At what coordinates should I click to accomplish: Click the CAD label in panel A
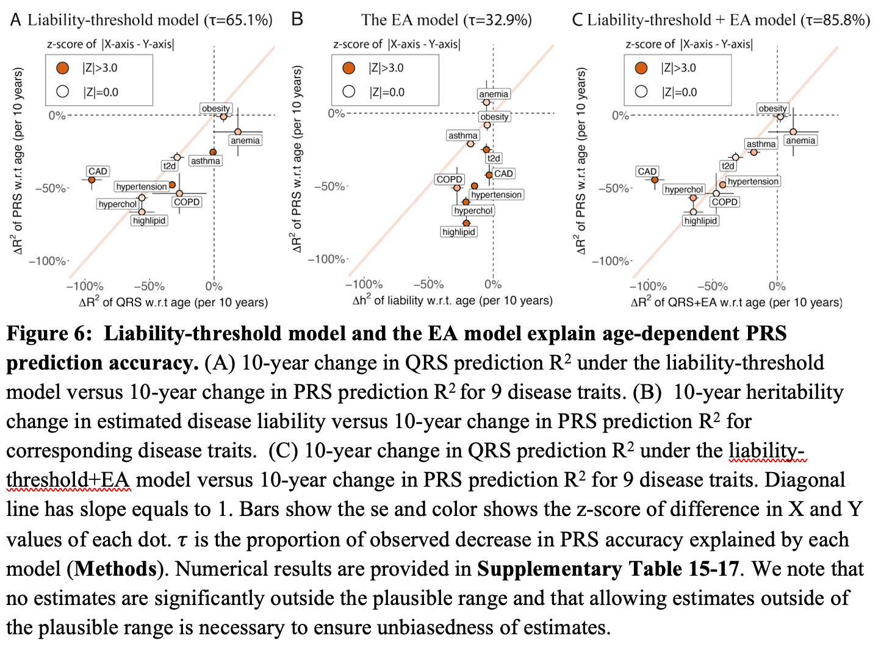[x=98, y=171]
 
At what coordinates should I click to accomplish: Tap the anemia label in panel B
[x=494, y=94]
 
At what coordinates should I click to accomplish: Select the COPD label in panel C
[x=724, y=202]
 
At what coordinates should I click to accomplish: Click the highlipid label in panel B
[x=459, y=232]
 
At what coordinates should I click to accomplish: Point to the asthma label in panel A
[x=205, y=161]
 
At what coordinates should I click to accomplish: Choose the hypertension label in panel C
[x=753, y=181]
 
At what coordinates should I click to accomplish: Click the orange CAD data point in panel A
[x=92, y=179]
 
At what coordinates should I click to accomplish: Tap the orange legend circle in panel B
[x=349, y=68]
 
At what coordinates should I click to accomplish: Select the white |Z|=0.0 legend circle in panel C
[x=641, y=91]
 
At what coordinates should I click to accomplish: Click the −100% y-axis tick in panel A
[x=49, y=261]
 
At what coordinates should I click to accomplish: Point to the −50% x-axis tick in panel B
[x=428, y=284]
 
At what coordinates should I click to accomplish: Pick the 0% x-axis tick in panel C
[x=777, y=286]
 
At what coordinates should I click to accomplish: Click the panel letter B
[x=297, y=20]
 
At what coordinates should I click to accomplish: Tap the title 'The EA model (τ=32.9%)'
[x=446, y=20]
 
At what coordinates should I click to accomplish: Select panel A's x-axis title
[x=173, y=302]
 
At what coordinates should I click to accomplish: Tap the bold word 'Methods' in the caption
[x=116, y=569]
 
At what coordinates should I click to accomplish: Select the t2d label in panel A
[x=169, y=166]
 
